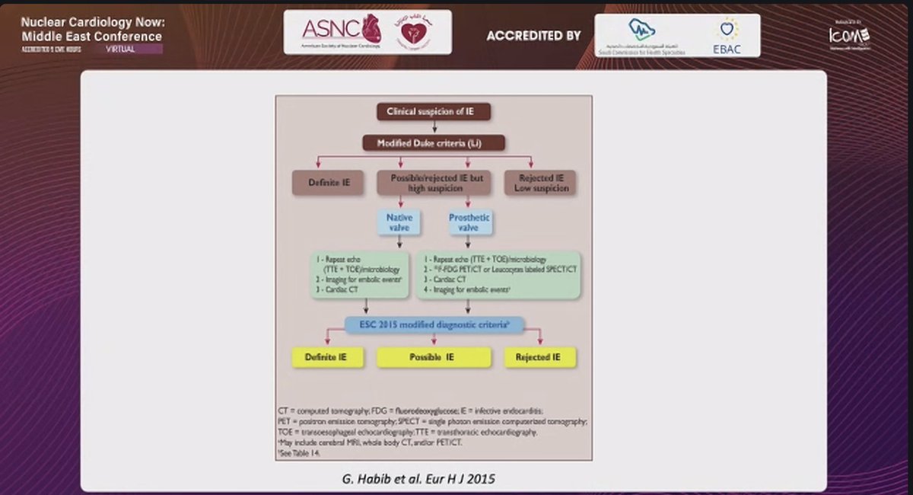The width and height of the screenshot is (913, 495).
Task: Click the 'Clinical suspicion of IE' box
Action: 434,112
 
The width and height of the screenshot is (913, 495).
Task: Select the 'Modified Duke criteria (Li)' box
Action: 434,142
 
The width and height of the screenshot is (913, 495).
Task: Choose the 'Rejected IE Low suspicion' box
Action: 540,183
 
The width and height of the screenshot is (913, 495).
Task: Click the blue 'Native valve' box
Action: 394,222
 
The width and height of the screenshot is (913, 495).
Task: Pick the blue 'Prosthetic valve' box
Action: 469,222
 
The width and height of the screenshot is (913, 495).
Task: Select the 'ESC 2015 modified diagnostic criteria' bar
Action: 433,325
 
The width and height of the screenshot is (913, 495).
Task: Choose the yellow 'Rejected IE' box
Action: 540,356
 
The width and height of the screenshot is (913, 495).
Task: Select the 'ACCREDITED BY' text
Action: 533,36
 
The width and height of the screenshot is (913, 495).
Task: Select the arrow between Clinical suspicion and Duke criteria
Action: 434,127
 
